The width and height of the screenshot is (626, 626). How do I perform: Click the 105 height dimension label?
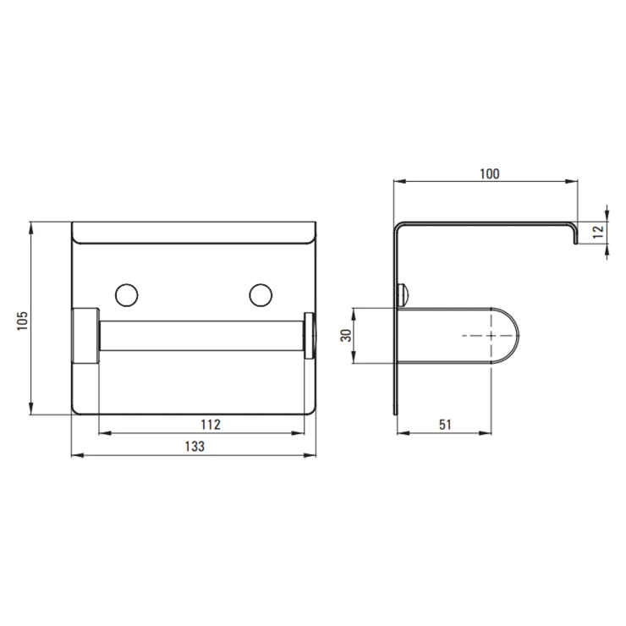point(22,321)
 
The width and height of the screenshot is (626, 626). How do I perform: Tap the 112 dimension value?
point(211,425)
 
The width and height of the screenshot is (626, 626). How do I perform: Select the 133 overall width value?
point(195,446)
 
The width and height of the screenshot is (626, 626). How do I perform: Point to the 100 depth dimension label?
point(490,173)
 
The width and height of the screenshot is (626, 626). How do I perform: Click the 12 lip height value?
point(598,232)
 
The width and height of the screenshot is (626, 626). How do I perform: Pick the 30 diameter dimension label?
point(346,335)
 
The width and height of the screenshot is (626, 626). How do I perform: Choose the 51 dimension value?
point(445,425)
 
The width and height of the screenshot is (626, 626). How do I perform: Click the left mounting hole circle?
point(127,295)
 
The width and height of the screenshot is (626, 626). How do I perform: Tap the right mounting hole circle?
point(261,295)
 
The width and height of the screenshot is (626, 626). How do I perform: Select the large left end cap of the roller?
point(85,335)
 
